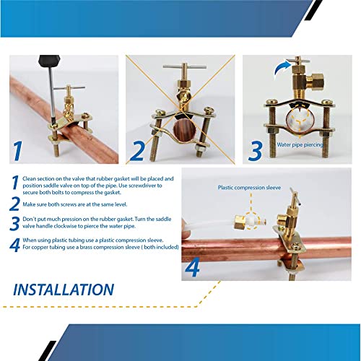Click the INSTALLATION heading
pos(64,290)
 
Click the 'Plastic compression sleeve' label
pos(249,188)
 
